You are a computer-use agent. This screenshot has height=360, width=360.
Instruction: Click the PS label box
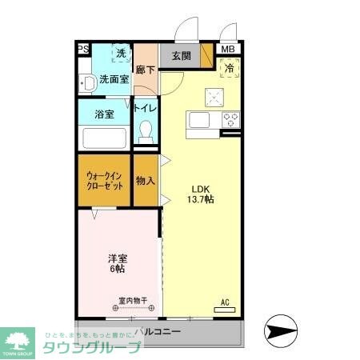(x=83, y=50)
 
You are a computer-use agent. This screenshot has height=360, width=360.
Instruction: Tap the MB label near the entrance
(x=228, y=50)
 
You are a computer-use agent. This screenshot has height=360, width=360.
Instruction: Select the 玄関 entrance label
(x=181, y=56)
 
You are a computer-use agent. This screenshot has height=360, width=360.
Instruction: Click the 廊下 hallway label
(x=145, y=70)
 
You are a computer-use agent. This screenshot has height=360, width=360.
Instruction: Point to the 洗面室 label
(x=114, y=80)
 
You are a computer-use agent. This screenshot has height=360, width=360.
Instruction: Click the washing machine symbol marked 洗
(x=121, y=54)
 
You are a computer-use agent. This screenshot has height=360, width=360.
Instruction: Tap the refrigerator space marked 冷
(x=229, y=69)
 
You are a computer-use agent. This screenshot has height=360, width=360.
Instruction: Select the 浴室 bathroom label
(x=104, y=114)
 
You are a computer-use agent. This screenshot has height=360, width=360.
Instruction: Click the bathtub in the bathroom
(x=104, y=138)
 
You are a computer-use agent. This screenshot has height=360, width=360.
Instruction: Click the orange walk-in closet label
(x=104, y=179)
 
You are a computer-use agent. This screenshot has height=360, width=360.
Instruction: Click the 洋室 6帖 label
(x=118, y=264)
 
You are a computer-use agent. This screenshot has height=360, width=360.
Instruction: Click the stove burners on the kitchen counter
(x=231, y=120)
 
